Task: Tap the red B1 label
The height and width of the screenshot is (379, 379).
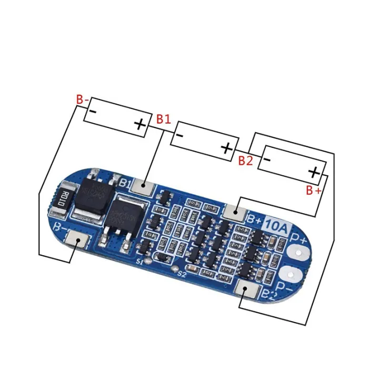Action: point(163,119)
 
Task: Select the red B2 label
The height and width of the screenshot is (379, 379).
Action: point(246,160)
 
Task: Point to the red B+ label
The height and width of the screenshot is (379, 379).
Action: point(313,191)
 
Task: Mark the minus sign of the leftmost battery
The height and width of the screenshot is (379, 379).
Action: point(93,112)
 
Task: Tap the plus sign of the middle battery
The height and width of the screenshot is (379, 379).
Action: point(226,148)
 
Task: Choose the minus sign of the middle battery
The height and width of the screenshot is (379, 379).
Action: point(179,135)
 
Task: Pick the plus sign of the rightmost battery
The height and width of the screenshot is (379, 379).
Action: point(314,172)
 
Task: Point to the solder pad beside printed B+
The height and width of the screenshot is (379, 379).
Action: point(235,212)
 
